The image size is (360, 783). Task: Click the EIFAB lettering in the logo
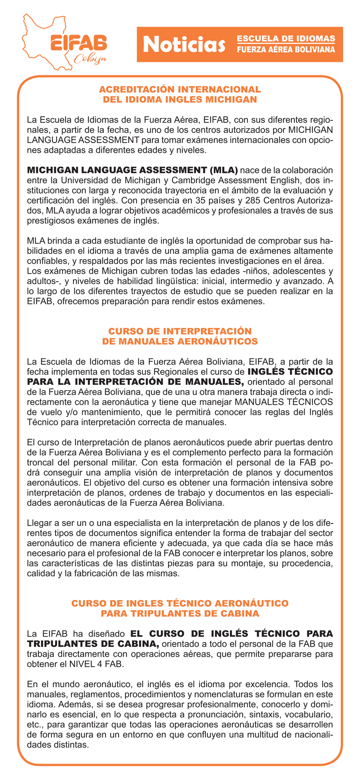pyautogui.click(x=78, y=43)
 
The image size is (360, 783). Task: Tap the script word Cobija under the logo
pyautogui.click(x=90, y=59)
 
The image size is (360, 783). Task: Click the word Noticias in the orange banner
pyautogui.click(x=184, y=45)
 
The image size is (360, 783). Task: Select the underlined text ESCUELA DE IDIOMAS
pyautogui.click(x=286, y=39)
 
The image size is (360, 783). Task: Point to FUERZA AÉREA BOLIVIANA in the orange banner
pyautogui.click(x=286, y=50)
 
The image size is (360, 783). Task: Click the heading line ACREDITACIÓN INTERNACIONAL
pyautogui.click(x=180, y=90)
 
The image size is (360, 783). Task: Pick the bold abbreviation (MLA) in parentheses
pyautogui.click(x=224, y=170)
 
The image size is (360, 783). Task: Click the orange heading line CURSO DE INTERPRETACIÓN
pyautogui.click(x=180, y=331)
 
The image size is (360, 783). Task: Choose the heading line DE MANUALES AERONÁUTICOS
pyautogui.click(x=180, y=342)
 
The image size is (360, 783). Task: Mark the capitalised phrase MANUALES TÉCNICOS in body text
pyautogui.click(x=284, y=402)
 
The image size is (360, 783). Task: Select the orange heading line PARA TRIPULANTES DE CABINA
pyautogui.click(x=180, y=613)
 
